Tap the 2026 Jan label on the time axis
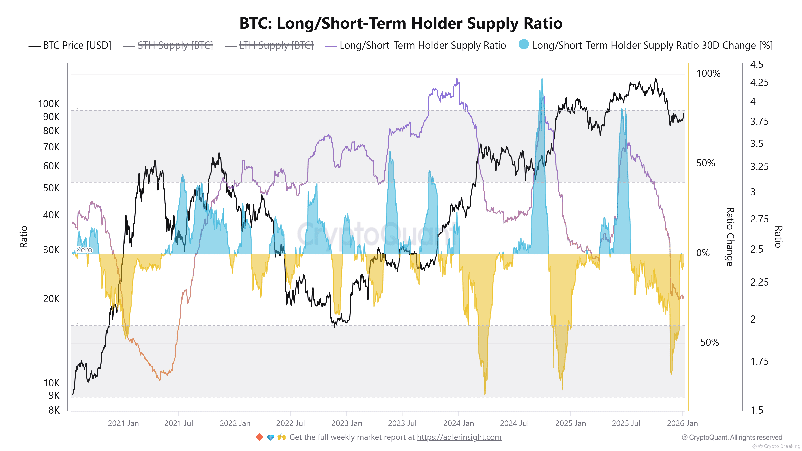tap(682, 423)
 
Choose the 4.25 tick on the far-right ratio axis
tap(759, 82)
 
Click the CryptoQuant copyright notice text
tap(732, 437)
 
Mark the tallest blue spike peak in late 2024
tap(542, 80)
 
